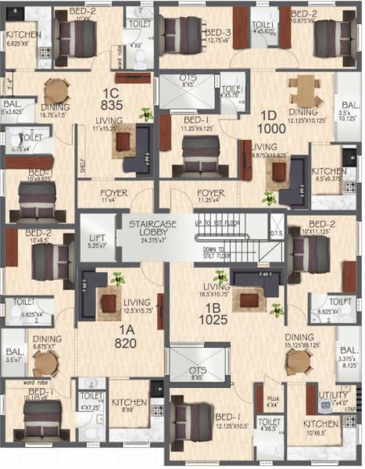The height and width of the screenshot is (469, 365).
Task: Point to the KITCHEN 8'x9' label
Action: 128,404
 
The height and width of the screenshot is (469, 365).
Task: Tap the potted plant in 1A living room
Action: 117,277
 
